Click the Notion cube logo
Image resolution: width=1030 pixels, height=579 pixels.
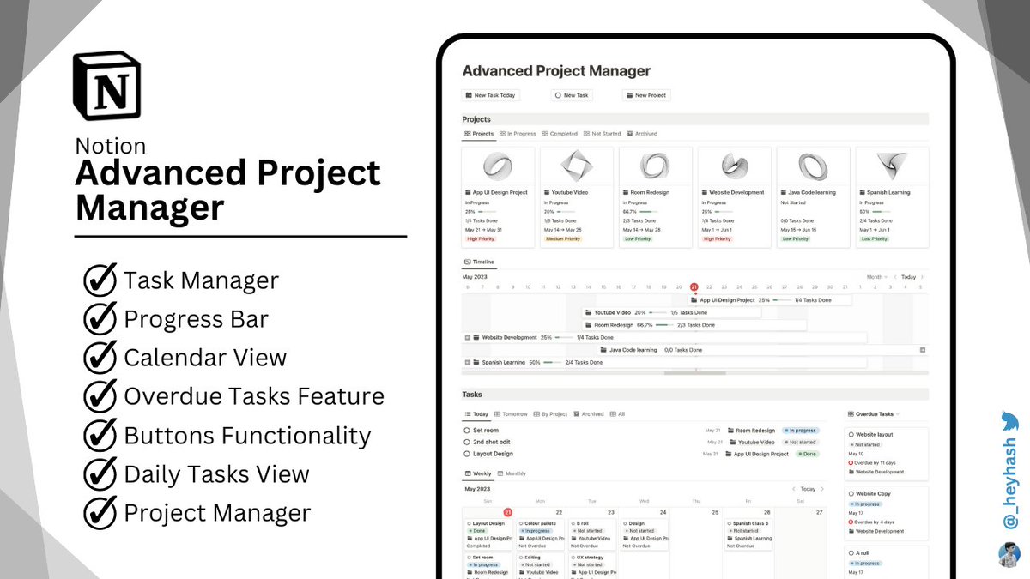click(107, 85)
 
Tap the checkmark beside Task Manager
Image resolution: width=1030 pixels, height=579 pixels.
click(100, 280)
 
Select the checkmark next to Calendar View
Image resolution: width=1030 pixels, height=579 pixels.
click(100, 358)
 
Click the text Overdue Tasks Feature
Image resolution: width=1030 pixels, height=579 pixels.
click(253, 396)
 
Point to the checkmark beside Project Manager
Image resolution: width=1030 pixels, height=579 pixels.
click(100, 513)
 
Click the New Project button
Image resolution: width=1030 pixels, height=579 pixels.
click(646, 95)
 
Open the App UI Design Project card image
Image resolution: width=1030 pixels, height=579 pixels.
click(498, 166)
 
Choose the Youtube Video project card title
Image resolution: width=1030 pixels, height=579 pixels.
click(570, 193)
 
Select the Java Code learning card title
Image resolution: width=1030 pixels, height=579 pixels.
click(811, 193)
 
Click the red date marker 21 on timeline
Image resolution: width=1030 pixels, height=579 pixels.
click(694, 287)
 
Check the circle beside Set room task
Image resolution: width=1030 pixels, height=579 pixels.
click(467, 431)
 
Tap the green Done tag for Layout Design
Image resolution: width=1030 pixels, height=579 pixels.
click(807, 454)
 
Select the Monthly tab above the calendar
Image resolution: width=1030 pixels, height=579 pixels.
click(515, 473)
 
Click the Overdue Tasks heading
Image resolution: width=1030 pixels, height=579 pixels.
click(874, 414)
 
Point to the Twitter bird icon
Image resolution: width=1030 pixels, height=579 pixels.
click(1009, 421)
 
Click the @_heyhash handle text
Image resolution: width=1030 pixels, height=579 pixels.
click(1010, 485)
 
